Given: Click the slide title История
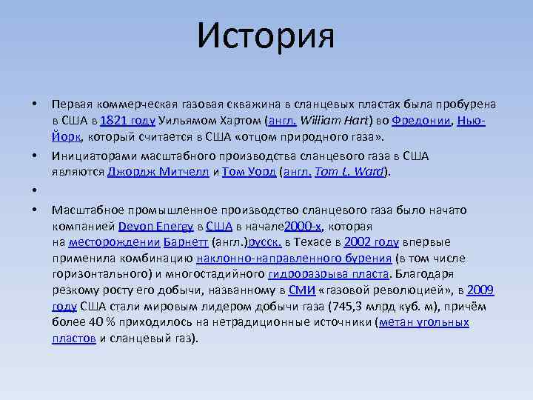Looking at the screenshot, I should point(266,36).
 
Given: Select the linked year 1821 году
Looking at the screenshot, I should point(127,121).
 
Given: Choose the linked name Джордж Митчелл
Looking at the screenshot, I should point(158,172).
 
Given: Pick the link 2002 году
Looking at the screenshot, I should point(372,242).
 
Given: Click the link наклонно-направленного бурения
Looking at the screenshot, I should point(294,259).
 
